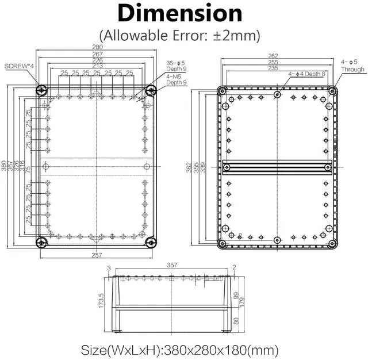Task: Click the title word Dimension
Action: coord(180,13)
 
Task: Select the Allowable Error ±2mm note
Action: coord(180,35)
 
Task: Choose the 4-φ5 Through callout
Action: coord(352,66)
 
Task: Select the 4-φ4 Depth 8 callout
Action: coord(307,74)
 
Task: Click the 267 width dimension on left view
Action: coord(96,54)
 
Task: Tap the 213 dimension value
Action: coord(96,66)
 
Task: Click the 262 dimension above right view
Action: coord(277,56)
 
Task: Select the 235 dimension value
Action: coord(277,67)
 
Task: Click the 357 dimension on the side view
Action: coord(171,266)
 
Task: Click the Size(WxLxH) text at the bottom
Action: coord(180,349)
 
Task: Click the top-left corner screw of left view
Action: coord(41,90)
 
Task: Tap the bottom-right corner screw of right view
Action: coord(332,243)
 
